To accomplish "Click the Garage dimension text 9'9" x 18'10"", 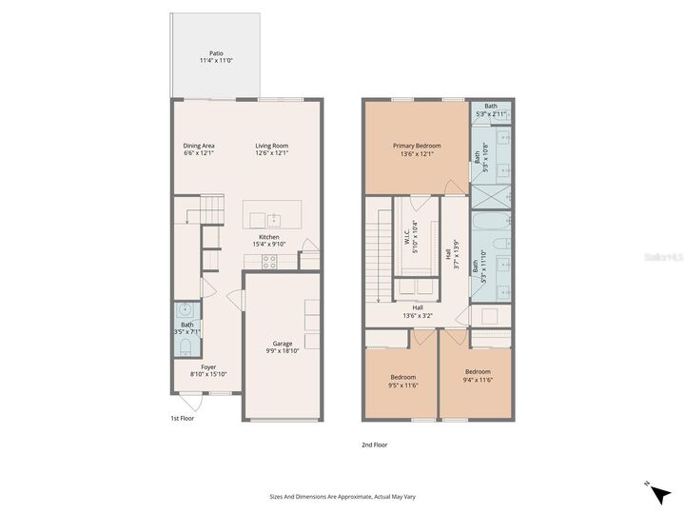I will (x=283, y=351).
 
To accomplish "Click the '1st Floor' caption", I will (x=182, y=418).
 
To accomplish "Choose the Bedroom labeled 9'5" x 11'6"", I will (x=401, y=381).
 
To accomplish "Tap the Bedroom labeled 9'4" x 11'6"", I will (x=478, y=375).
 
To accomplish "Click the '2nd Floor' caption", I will (x=374, y=445).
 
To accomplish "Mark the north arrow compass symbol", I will (x=656, y=490).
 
